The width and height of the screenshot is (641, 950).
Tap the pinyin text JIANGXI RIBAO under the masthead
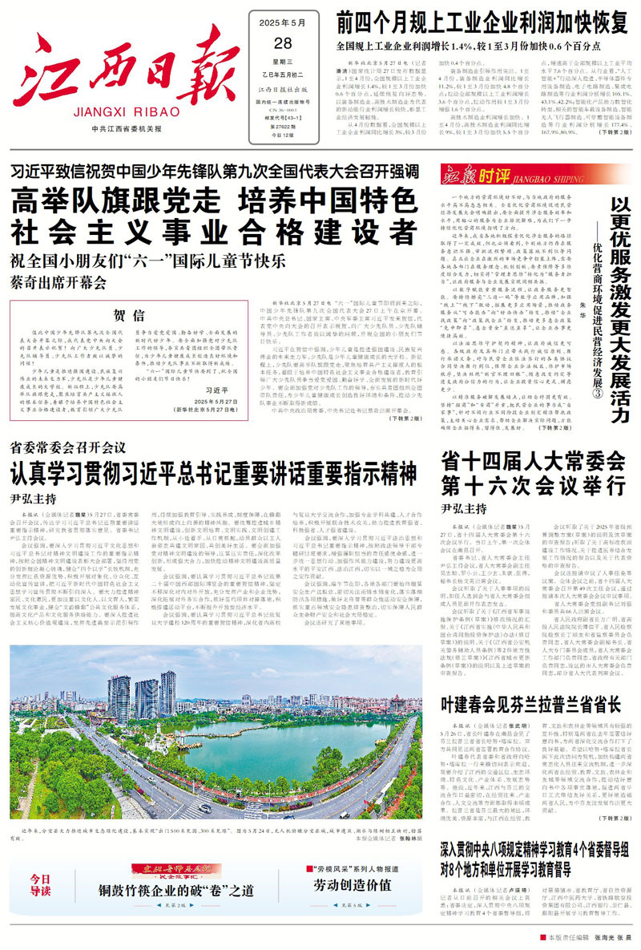click(116, 113)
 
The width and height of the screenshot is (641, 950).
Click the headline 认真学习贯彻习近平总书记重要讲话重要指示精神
click(213, 467)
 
